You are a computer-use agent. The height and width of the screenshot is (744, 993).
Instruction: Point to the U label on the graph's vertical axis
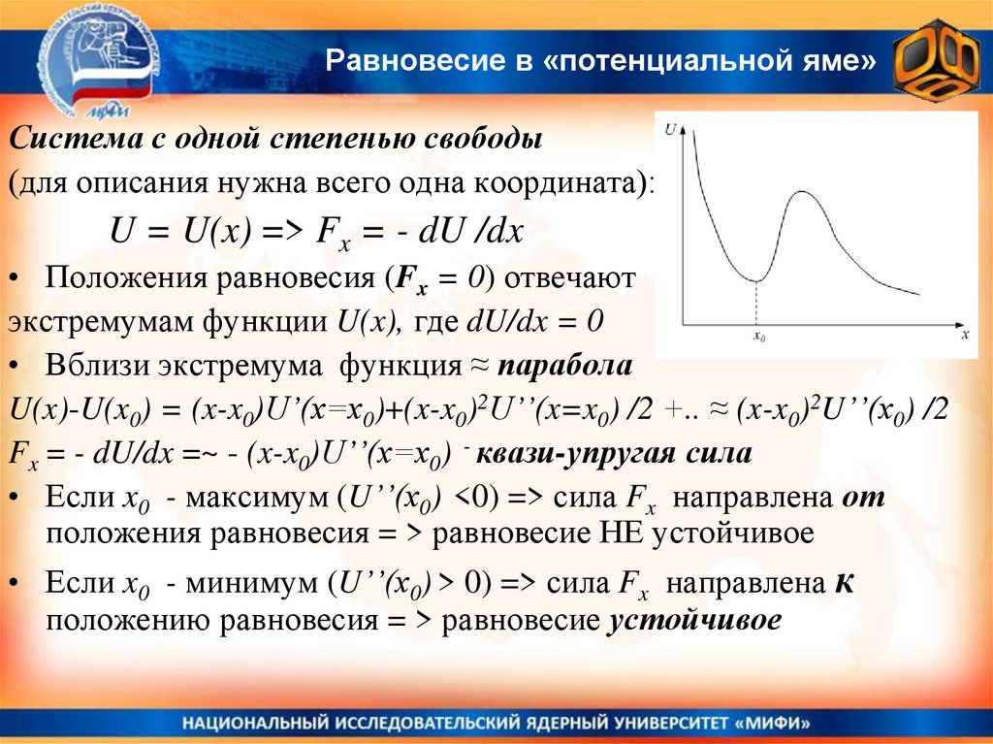670,127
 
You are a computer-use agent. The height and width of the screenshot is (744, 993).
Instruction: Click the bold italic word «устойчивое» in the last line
693,621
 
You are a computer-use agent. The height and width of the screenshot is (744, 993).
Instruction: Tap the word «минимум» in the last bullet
255,586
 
